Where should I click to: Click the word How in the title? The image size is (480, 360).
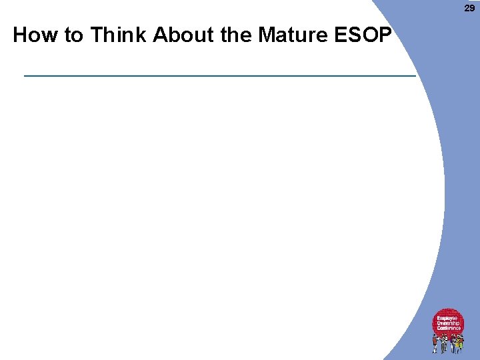[35, 35]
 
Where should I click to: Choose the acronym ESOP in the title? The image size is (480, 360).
[360, 35]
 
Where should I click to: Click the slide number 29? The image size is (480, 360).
[470, 8]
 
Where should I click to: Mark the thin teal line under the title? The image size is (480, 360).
[219, 76]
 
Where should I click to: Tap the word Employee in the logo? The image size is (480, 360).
[447, 319]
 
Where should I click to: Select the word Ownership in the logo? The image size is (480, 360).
[448, 323]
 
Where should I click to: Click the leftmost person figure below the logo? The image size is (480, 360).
[435, 343]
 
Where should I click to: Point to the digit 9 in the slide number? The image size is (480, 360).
[473, 8]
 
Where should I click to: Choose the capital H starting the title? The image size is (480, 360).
[20, 35]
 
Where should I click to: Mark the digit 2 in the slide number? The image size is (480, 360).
[467, 8]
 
